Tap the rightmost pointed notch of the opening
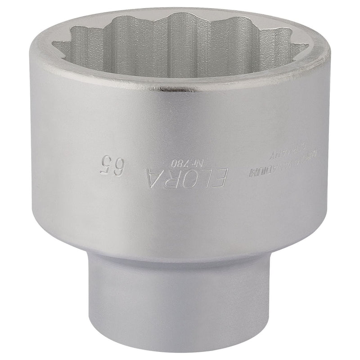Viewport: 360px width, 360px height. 308,45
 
